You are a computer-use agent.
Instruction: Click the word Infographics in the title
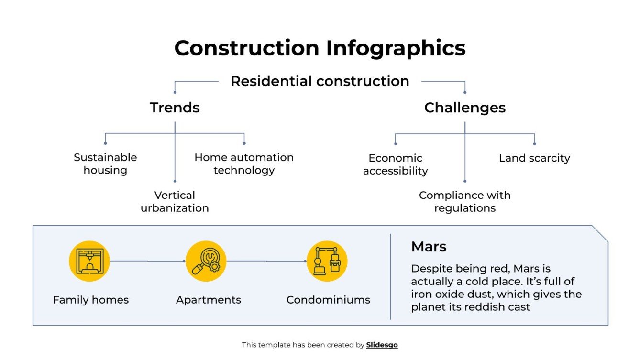tap(396, 49)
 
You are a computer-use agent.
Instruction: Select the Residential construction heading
tap(320, 81)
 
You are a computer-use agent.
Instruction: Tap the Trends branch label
tap(175, 108)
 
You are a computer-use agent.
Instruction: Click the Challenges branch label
tap(464, 108)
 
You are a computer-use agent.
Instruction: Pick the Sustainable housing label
tap(105, 164)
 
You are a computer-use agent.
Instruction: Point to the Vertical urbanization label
tap(175, 202)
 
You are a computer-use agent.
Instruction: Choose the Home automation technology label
tap(244, 164)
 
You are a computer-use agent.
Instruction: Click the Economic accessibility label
tap(395, 164)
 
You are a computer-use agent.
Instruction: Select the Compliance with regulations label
tap(464, 202)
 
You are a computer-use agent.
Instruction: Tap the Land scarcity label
tap(534, 158)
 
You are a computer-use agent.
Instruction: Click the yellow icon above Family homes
tap(89, 261)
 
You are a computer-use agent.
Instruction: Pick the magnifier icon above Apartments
tap(206, 261)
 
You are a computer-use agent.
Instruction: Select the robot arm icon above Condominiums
tap(327, 261)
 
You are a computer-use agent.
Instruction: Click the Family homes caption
tap(90, 300)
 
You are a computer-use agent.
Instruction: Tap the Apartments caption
tap(209, 300)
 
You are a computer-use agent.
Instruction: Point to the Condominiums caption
tap(328, 300)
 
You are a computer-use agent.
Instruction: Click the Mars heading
tap(429, 247)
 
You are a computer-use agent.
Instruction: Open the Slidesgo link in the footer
tap(382, 345)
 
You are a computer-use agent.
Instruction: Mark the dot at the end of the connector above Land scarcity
tap(534, 143)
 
